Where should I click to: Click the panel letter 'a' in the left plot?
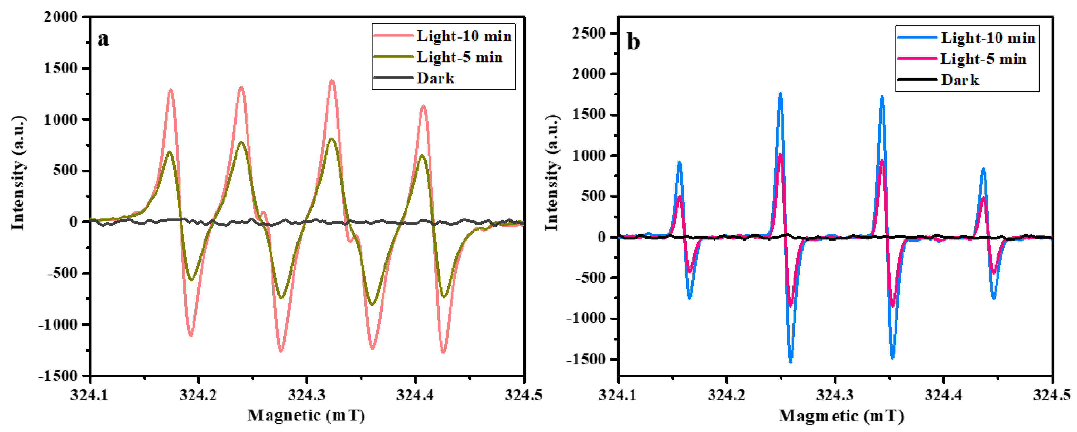pyautogui.click(x=103, y=39)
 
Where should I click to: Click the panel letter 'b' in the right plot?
pyautogui.click(x=633, y=42)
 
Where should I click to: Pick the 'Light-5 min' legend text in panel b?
pyautogui.click(x=983, y=59)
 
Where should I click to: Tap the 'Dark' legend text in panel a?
pyautogui.click(x=435, y=78)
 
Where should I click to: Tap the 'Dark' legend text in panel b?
pyautogui.click(x=960, y=80)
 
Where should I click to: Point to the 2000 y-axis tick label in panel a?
pyautogui.click(x=61, y=17)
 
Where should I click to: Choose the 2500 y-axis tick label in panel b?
pyautogui.click(x=589, y=33)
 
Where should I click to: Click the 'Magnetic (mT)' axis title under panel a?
pyautogui.click(x=306, y=415)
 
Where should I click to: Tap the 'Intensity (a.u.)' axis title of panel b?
pyautogui.click(x=552, y=172)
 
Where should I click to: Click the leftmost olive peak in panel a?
pyautogui.click(x=169, y=152)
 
